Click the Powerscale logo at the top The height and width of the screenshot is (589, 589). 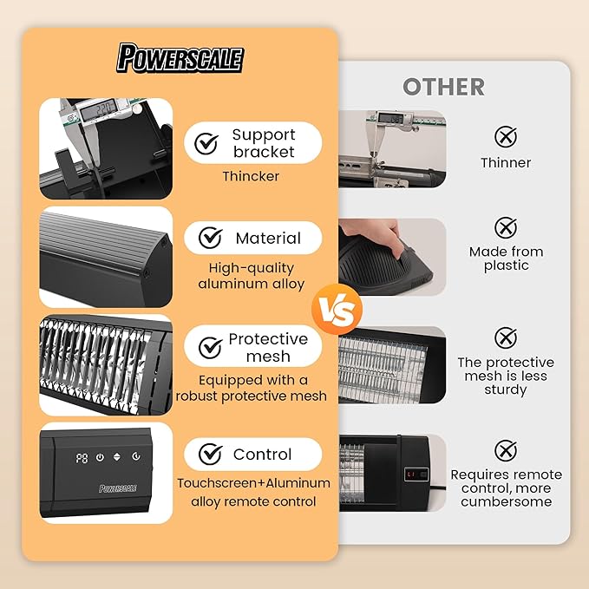click(180, 58)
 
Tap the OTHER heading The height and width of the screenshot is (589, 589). click(443, 87)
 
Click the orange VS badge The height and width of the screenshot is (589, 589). click(337, 309)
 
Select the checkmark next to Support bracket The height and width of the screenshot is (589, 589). click(206, 143)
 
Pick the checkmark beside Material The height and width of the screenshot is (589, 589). click(210, 238)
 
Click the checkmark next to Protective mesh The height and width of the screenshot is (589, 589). click(210, 347)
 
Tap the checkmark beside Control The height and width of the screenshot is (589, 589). click(210, 454)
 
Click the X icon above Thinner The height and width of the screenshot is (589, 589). click(506, 137)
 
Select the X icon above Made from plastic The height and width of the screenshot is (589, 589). click(506, 227)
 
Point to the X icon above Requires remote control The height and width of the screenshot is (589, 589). click(506, 450)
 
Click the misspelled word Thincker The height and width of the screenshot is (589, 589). click(251, 176)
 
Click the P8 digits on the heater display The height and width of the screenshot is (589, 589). click(82, 458)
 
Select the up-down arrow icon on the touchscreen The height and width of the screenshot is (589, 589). click(117, 457)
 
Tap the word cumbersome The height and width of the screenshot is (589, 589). click(506, 502)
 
